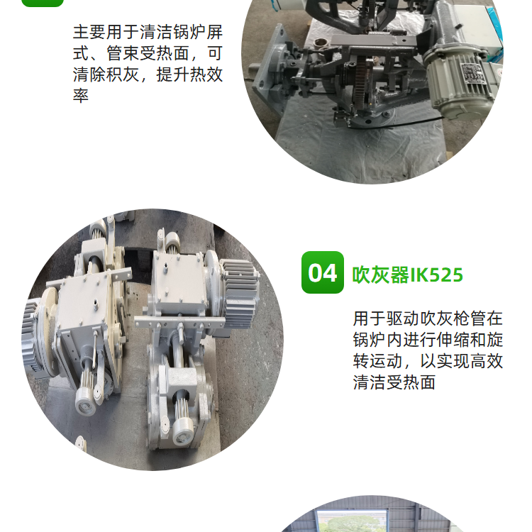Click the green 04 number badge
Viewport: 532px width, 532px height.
[x=322, y=272]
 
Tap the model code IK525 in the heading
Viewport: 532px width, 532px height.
[x=437, y=275]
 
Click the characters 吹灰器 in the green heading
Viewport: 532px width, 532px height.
[x=381, y=275]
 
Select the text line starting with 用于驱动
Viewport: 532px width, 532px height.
[x=428, y=318]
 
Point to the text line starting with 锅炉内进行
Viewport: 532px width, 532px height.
[x=428, y=340]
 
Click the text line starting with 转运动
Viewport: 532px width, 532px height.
[x=428, y=361]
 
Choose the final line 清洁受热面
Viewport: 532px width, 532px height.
[x=394, y=382]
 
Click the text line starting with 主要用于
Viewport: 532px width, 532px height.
[x=148, y=32]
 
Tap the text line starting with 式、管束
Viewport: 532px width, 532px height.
[x=148, y=53]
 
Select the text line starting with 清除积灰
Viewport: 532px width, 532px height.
[x=148, y=74]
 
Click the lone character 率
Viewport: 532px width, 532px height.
[x=81, y=96]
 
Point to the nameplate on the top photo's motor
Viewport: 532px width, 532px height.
[x=472, y=72]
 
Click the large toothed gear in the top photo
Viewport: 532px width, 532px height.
[x=364, y=83]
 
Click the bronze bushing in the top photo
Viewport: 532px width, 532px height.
[x=321, y=43]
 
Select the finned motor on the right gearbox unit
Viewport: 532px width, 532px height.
[x=240, y=291]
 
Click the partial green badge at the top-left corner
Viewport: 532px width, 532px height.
[x=43, y=4]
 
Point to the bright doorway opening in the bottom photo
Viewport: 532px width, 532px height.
[x=351, y=520]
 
